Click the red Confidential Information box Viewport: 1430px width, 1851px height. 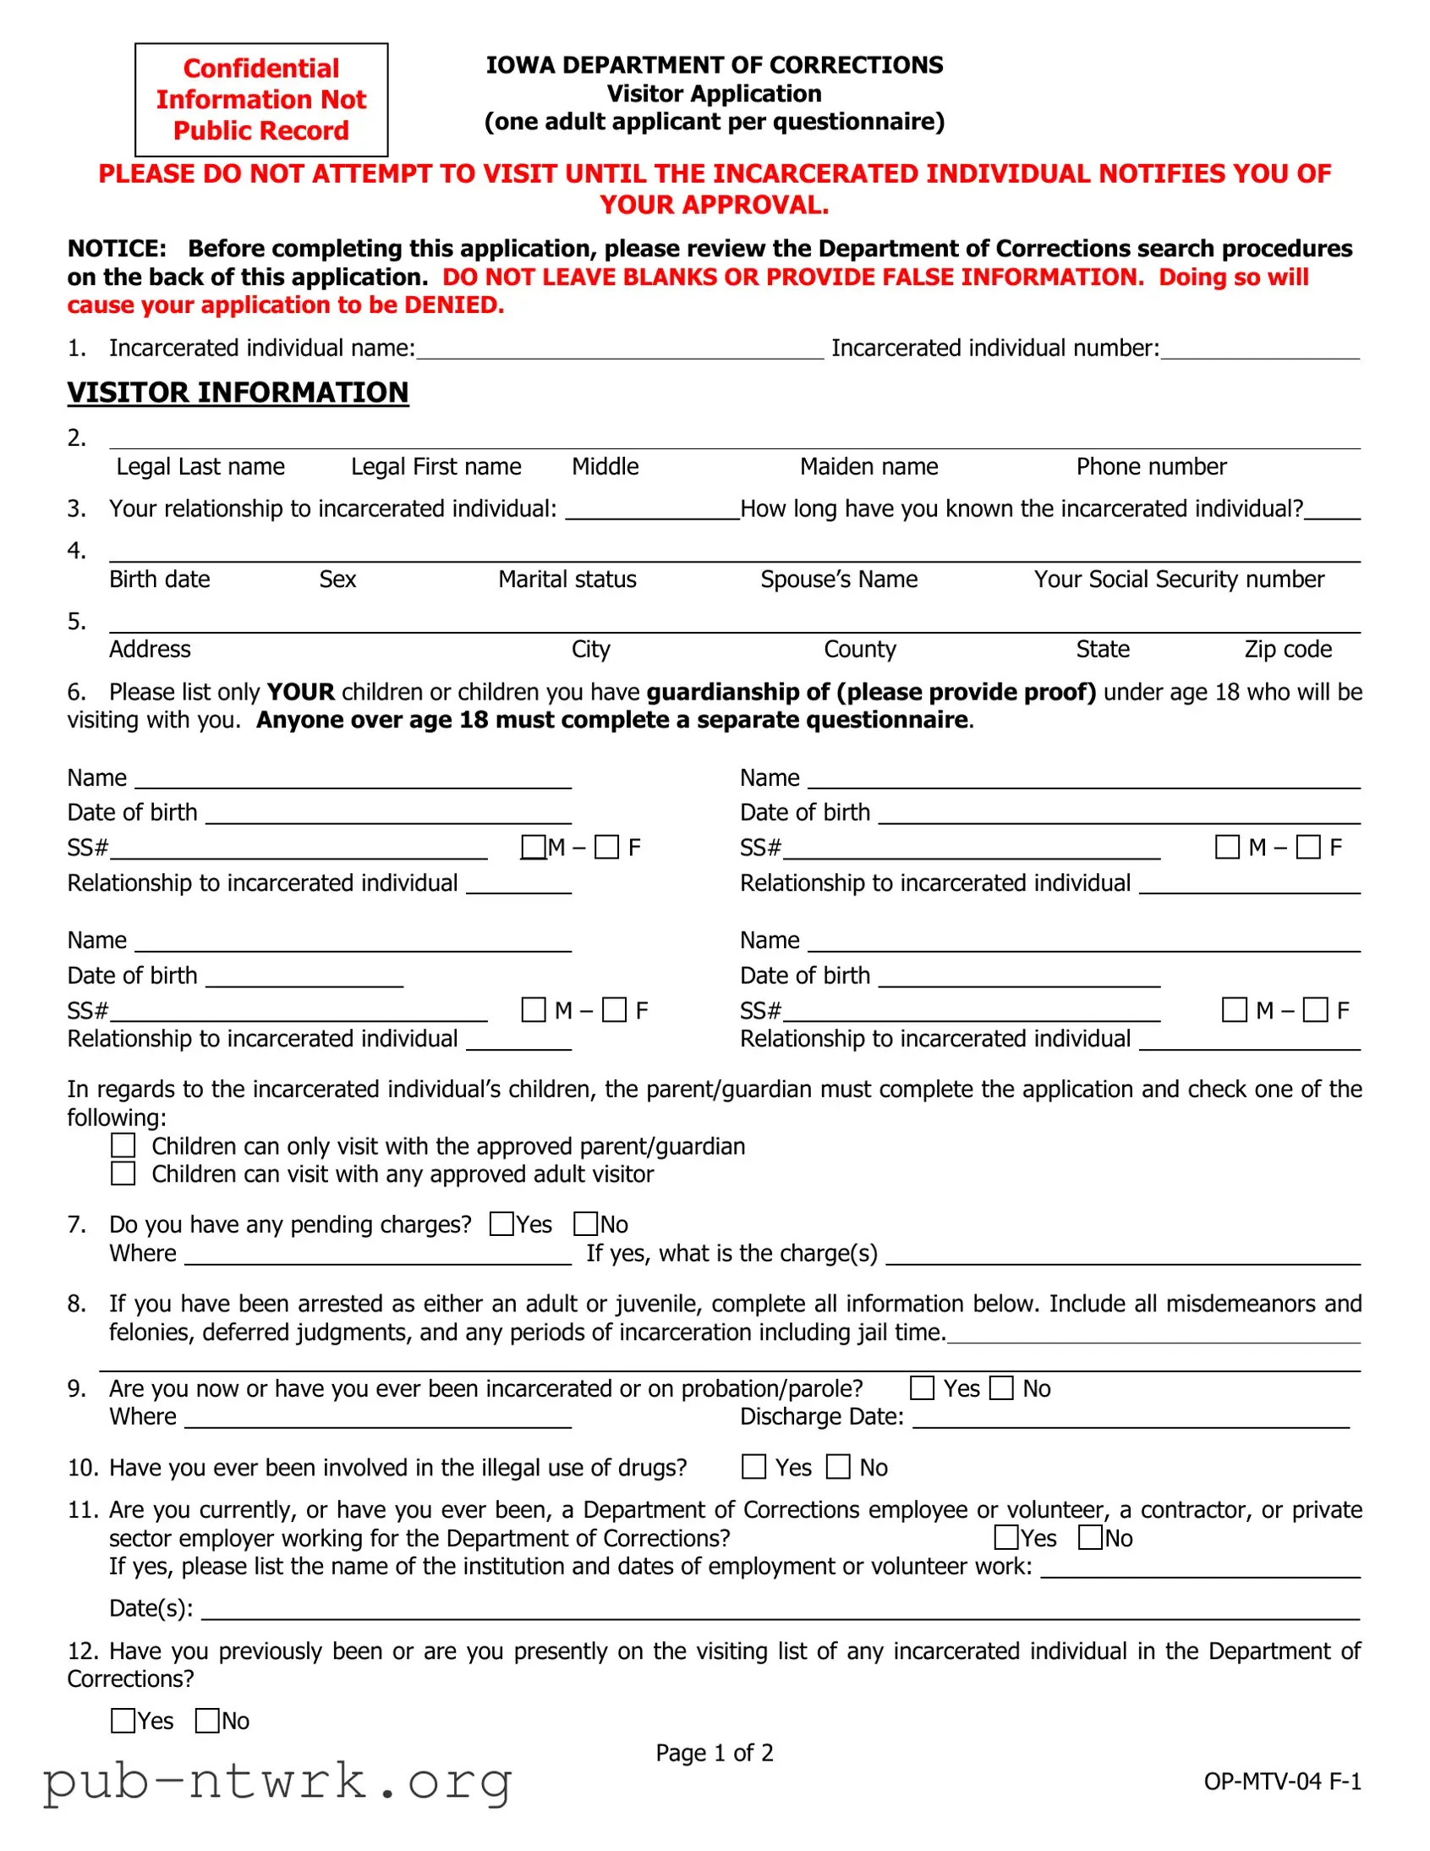click(x=261, y=100)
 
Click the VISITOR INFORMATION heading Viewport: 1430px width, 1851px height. click(x=238, y=393)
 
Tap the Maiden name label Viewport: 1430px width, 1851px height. click(x=868, y=467)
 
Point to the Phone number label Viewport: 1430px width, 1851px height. click(x=1150, y=467)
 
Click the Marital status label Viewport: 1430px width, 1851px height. click(x=567, y=579)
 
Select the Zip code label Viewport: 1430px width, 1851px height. click(x=1288, y=650)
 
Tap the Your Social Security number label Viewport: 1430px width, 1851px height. click(x=1178, y=579)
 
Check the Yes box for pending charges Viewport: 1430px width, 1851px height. click(x=501, y=1224)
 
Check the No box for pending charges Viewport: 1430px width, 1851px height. click(x=585, y=1224)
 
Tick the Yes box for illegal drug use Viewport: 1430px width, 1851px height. click(x=753, y=1467)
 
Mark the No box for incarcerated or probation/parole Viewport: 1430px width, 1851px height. click(x=1001, y=1388)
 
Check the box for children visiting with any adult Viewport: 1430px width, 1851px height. click(x=123, y=1174)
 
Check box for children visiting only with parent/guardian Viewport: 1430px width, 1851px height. click(x=123, y=1145)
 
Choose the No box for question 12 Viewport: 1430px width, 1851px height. click(x=206, y=1721)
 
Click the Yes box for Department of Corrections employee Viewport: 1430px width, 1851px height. click(x=1005, y=1537)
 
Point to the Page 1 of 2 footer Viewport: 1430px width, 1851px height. click(x=714, y=1753)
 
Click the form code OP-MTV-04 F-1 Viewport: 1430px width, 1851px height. click(x=1282, y=1782)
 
